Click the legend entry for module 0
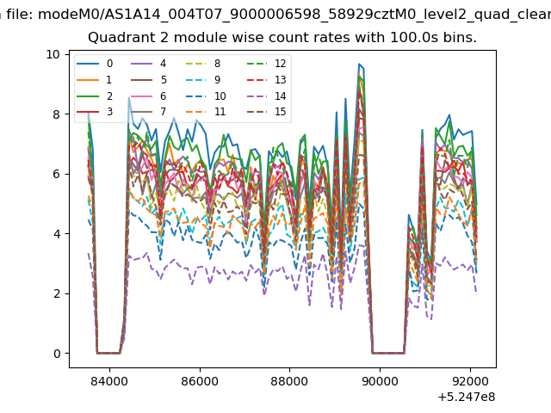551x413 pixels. pos(95,64)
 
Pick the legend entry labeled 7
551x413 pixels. pos(148,112)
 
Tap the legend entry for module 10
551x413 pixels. pos(205,96)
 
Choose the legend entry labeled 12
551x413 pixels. pos(266,64)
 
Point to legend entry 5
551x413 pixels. pos(148,80)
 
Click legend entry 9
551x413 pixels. pos(203,80)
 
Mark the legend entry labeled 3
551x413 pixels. pos(95,112)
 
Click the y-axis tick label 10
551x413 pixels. pos(53,54)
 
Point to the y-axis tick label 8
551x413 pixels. pos(57,114)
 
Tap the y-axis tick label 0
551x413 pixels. pos(57,354)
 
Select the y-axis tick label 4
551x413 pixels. pos(57,234)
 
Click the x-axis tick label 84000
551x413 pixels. pos(109,381)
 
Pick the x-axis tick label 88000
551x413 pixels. pos(289,381)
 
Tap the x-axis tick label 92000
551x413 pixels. pos(470,381)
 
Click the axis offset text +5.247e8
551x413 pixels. pos(467,398)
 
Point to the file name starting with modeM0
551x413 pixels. pos(294,15)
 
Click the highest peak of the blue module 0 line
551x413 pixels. pos(359,64)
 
